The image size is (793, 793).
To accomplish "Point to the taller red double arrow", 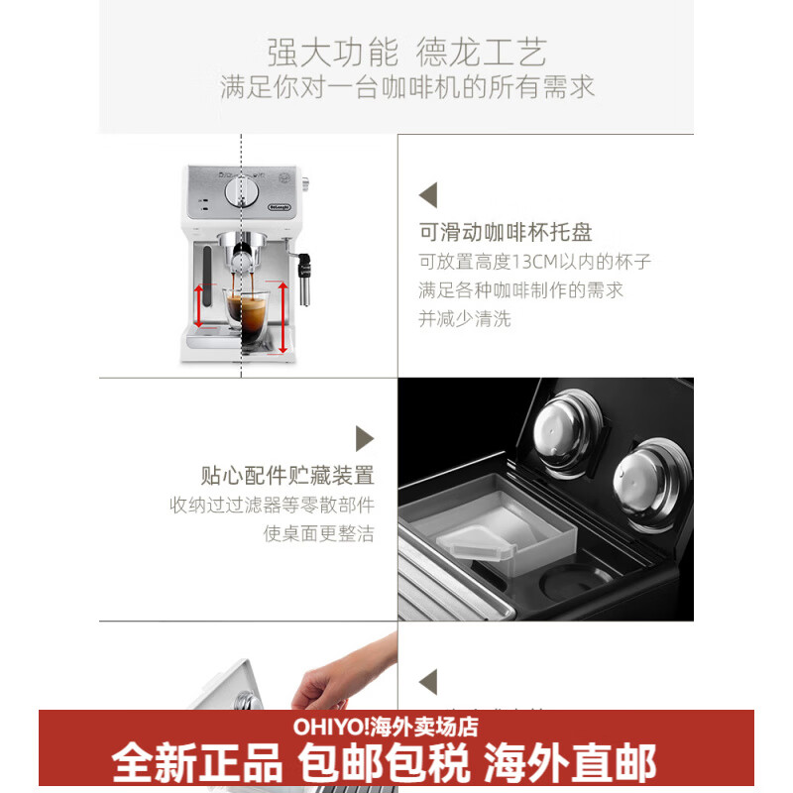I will point(283,316).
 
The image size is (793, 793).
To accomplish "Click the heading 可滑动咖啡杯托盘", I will point(506,233).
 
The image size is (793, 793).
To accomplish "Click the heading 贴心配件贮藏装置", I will point(286,475).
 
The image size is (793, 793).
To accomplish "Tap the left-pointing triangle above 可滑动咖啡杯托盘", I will point(427,193).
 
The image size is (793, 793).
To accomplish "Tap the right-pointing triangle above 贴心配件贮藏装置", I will point(365,438).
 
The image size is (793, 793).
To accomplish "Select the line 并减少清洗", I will point(465,319).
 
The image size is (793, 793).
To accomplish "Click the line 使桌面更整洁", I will point(318,533).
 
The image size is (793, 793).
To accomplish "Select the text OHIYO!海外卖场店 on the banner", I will point(386,727).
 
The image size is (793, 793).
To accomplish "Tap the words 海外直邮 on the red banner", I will point(570,763).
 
